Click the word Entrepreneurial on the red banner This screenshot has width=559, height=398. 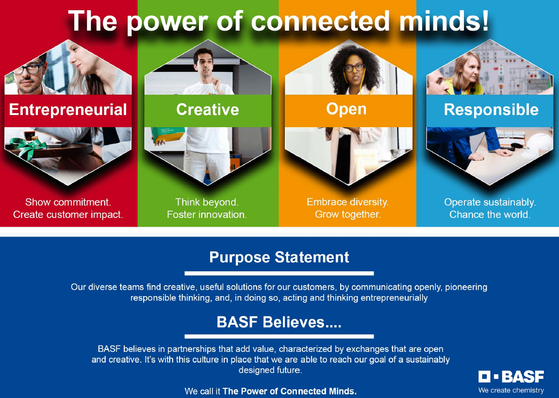coord(68,110)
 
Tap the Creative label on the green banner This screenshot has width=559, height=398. coord(208,110)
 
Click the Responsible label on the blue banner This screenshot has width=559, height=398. coord(491,110)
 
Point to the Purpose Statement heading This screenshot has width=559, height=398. coord(279,257)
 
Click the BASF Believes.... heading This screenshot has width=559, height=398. coord(279,322)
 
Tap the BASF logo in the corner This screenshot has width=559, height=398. coord(511,377)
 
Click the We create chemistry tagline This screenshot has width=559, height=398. coord(511,390)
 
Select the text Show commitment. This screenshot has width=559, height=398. coord(68,202)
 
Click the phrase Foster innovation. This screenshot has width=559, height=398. coord(207,215)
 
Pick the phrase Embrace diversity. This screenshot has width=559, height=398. coord(347,202)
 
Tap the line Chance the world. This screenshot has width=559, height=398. coord(490,215)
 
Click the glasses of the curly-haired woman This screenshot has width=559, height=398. coord(354,67)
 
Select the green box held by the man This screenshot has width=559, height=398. coord(167,134)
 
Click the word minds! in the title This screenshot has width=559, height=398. coord(444,21)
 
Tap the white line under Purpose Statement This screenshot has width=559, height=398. coord(279,274)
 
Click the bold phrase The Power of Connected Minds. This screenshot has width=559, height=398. coord(290,391)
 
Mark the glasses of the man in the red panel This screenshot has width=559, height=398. coord(29,68)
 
